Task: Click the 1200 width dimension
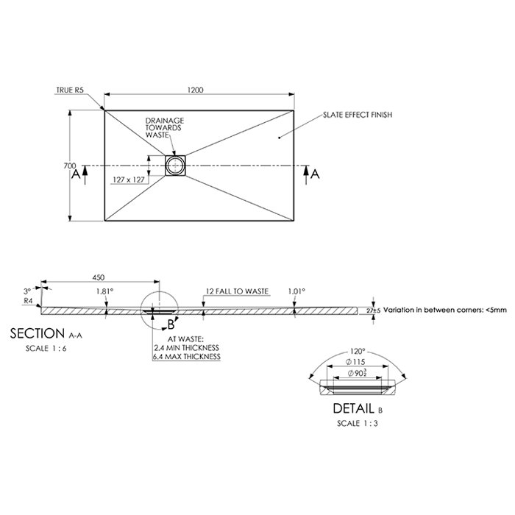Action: point(196,90)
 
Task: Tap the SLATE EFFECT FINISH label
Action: point(358,115)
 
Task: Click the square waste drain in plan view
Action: point(175,165)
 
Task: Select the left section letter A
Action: point(75,174)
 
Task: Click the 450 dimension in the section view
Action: point(99,277)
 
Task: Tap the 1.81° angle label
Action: point(104,291)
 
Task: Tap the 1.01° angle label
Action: point(296,291)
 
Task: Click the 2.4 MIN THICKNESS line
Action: point(188,347)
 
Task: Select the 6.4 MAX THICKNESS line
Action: point(188,356)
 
